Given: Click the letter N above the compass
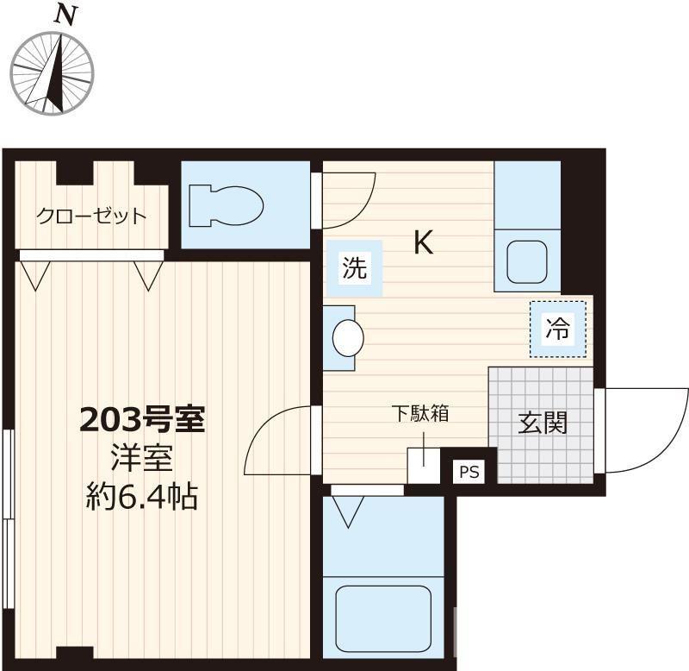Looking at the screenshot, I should point(62,15).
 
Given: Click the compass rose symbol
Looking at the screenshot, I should point(51,70).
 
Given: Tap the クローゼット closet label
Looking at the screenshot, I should point(90,216).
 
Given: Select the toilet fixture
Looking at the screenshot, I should point(227,205).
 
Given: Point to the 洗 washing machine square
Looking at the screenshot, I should point(355,268).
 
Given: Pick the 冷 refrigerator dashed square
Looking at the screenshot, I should point(557,328).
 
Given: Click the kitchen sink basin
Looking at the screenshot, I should point(526,262).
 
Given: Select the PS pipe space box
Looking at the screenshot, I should point(468,472).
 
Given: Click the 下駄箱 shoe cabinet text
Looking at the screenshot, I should point(421,413).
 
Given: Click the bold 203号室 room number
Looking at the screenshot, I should point(141,420).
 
